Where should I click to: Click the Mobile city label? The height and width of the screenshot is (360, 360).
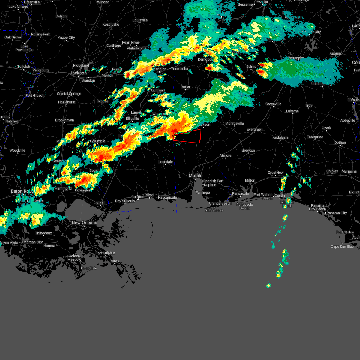pos(196,175)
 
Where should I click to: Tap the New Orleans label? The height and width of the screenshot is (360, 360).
pos(84,223)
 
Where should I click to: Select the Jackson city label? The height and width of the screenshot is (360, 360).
pos(78,73)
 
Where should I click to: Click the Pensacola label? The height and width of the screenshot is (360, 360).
pos(241,193)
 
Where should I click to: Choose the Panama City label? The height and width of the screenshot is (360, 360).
pos(337,213)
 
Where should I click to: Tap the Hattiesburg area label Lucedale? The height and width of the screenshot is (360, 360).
pos(166,162)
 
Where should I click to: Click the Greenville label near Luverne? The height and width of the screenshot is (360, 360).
pos(273,104)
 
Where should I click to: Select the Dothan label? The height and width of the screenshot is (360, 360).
pos(340,142)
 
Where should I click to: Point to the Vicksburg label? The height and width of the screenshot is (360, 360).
pos(40,70)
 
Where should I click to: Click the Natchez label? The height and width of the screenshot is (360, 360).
pos(12,121)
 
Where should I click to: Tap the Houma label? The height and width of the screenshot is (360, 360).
pos(49,246)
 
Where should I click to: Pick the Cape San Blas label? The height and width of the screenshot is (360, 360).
pos(342,247)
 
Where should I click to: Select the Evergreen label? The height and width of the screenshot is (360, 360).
pos(255,129)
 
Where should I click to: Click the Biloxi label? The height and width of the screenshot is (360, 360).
pos(149,195)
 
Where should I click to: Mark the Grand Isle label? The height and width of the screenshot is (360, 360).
pos(89,268)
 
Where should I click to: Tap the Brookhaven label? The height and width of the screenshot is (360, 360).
pos(64,120)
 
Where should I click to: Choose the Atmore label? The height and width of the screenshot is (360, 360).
pos(226,155)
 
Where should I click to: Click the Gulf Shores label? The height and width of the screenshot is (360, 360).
pos(214,210)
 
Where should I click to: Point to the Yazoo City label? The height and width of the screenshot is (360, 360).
pos(66,37)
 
